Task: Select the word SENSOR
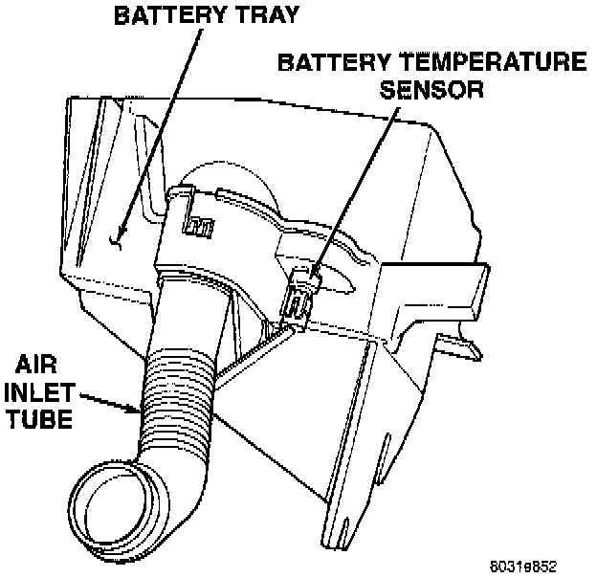[x=432, y=90]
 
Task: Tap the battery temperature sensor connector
[x=298, y=297]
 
